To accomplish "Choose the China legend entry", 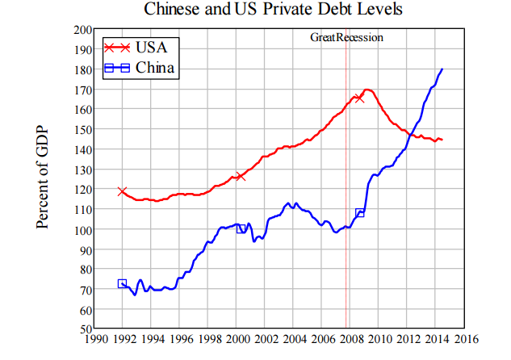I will click(138, 68).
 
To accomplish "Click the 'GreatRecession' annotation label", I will click(347, 37).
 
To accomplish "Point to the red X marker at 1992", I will click(122, 192).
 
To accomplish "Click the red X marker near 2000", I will click(240, 176).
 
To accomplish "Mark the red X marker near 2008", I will click(359, 98).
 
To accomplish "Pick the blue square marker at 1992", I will click(122, 283).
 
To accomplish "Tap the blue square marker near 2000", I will click(241, 228).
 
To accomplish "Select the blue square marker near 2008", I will click(360, 213).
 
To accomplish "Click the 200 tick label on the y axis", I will click(82, 29).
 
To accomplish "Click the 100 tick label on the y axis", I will click(82, 229).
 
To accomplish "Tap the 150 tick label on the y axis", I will click(82, 129).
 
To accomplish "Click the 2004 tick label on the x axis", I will click(295, 341).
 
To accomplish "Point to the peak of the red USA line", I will click(367, 90).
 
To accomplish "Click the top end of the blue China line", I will click(442, 69).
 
